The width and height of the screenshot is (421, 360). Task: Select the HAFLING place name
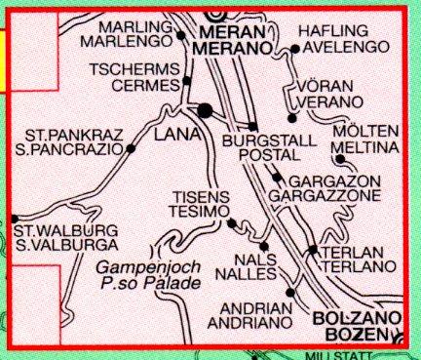335,31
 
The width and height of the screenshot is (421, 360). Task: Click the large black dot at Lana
205,111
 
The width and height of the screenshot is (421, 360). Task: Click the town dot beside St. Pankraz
130,148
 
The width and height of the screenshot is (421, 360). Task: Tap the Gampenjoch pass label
146,267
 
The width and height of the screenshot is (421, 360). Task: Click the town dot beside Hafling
295,47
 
